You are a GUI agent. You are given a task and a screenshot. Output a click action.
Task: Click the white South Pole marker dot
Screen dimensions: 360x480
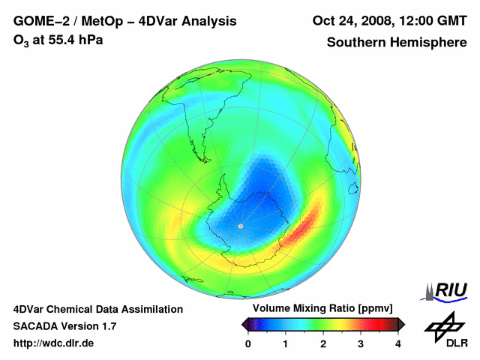[x=240, y=226]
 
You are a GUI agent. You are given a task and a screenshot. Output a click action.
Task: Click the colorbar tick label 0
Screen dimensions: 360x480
[x=248, y=343]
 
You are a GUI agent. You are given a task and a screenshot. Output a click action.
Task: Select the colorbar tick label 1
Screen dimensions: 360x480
[x=286, y=343]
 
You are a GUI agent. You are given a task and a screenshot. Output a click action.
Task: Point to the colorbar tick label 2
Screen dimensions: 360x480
[x=323, y=343]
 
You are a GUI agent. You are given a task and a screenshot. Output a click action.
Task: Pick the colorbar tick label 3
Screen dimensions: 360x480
[x=361, y=343]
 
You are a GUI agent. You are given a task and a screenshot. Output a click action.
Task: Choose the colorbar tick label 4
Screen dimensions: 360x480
[x=398, y=343]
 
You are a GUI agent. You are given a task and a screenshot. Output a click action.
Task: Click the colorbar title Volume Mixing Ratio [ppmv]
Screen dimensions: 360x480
[x=323, y=309]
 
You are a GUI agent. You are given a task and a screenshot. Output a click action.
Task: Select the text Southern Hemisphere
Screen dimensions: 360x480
[x=397, y=43]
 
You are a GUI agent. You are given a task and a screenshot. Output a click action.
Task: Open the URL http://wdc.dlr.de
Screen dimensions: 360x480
[x=54, y=343]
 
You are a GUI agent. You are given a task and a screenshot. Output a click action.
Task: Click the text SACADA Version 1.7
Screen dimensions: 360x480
[x=64, y=326]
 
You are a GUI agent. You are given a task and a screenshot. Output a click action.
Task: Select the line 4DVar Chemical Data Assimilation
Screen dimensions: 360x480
[x=98, y=309]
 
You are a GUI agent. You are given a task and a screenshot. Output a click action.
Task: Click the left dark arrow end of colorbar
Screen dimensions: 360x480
[x=244, y=324]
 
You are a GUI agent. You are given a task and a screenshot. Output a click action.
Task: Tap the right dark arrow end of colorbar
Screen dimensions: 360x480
[x=401, y=324]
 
